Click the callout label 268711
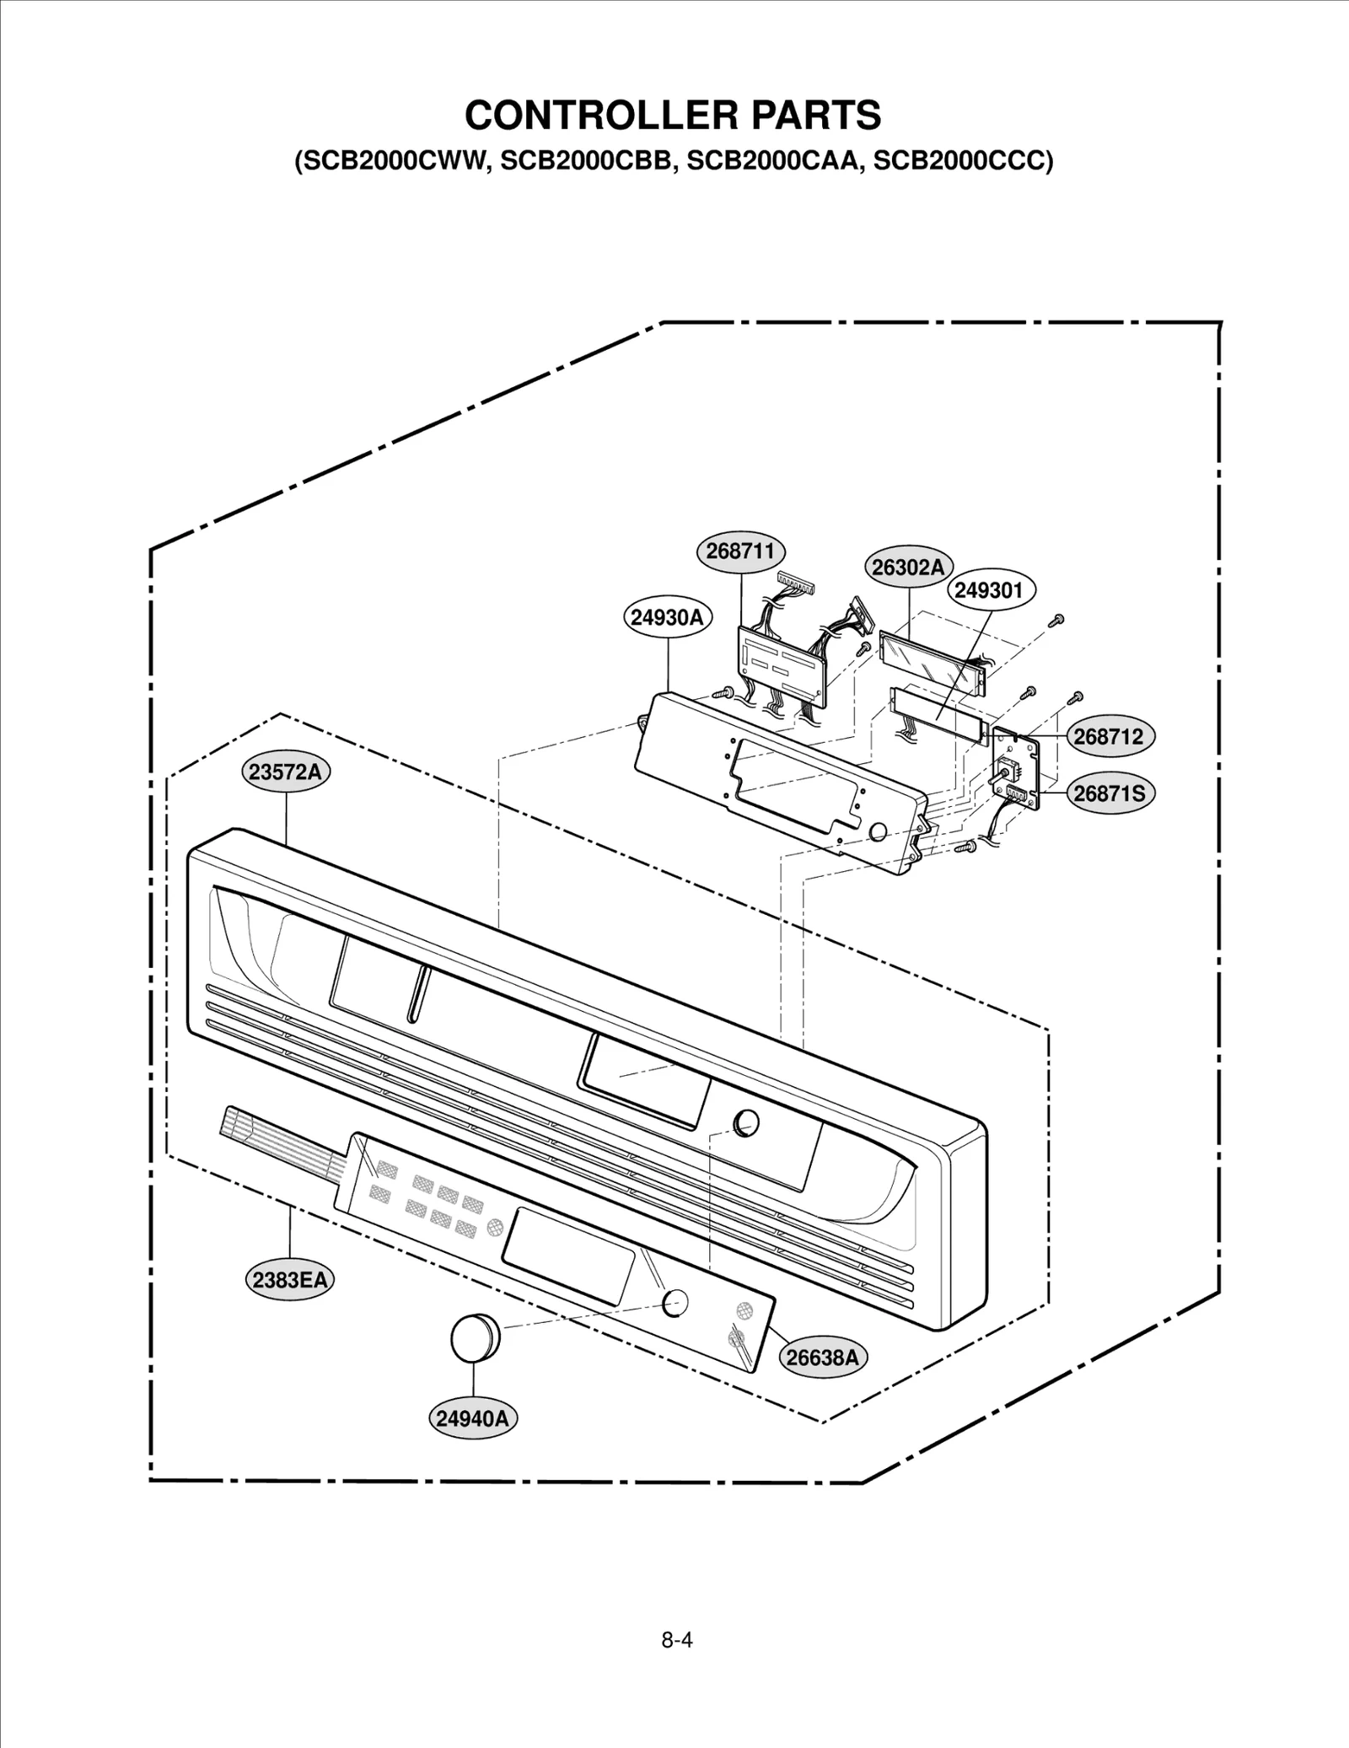pyautogui.click(x=740, y=551)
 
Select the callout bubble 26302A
pyautogui.click(x=908, y=567)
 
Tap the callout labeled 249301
pyautogui.click(x=988, y=590)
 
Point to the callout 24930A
pyautogui.click(x=667, y=618)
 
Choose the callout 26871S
pyautogui.click(x=1109, y=793)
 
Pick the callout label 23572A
pyautogui.click(x=287, y=772)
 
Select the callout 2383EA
pyautogui.click(x=289, y=1280)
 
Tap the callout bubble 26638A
pyautogui.click(x=822, y=1358)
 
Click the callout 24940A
pyautogui.click(x=473, y=1418)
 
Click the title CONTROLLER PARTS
pyautogui.click(x=673, y=116)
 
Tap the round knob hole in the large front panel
pyautogui.click(x=746, y=1122)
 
